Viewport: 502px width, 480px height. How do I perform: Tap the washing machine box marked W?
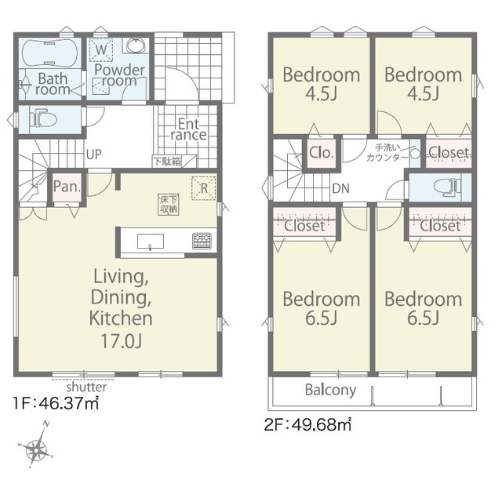tap(101, 50)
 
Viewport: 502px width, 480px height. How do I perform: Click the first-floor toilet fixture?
tap(43, 120)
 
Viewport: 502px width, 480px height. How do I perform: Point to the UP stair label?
tap(94, 155)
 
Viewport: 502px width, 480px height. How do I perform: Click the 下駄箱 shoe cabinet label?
tap(167, 162)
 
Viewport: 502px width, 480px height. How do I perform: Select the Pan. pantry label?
tap(67, 187)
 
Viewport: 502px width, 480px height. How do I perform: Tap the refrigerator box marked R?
tap(204, 188)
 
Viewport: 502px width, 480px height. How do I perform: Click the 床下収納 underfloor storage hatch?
tap(169, 205)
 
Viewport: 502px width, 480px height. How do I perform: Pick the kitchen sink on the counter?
tap(151, 241)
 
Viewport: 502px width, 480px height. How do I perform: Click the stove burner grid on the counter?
tap(202, 241)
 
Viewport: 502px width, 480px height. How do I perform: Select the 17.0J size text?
tap(121, 340)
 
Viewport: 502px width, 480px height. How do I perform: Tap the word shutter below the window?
tap(86, 387)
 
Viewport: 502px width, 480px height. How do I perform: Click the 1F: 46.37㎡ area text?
tap(56, 403)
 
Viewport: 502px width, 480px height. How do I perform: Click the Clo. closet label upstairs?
tap(322, 153)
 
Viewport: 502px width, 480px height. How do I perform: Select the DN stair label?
tap(340, 188)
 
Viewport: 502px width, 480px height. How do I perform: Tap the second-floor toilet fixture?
tap(447, 187)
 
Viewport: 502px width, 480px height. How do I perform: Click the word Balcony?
tap(330, 391)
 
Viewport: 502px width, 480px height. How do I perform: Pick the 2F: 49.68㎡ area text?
tap(307, 425)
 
